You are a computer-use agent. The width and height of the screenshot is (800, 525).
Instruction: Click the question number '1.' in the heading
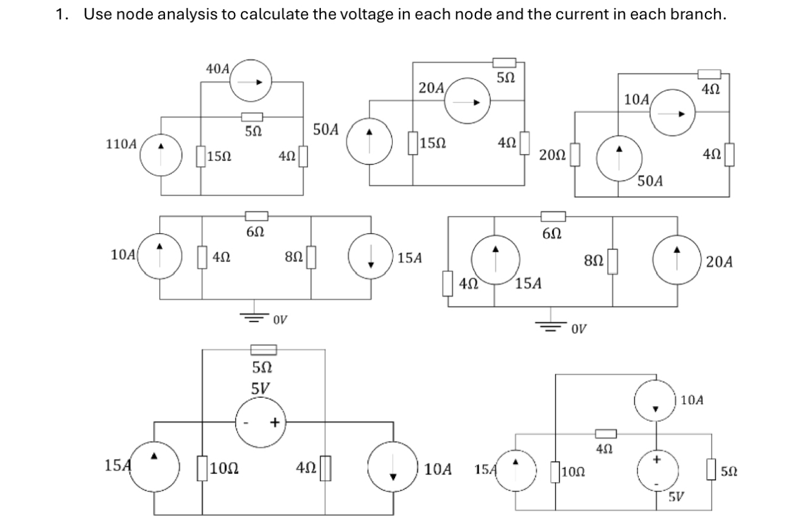tap(61, 15)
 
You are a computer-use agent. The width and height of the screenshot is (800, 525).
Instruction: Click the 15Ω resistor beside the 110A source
tap(201, 157)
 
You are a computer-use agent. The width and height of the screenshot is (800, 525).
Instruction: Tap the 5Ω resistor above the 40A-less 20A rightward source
tap(504, 63)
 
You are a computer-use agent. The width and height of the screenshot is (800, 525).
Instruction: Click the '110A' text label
tap(122, 146)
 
